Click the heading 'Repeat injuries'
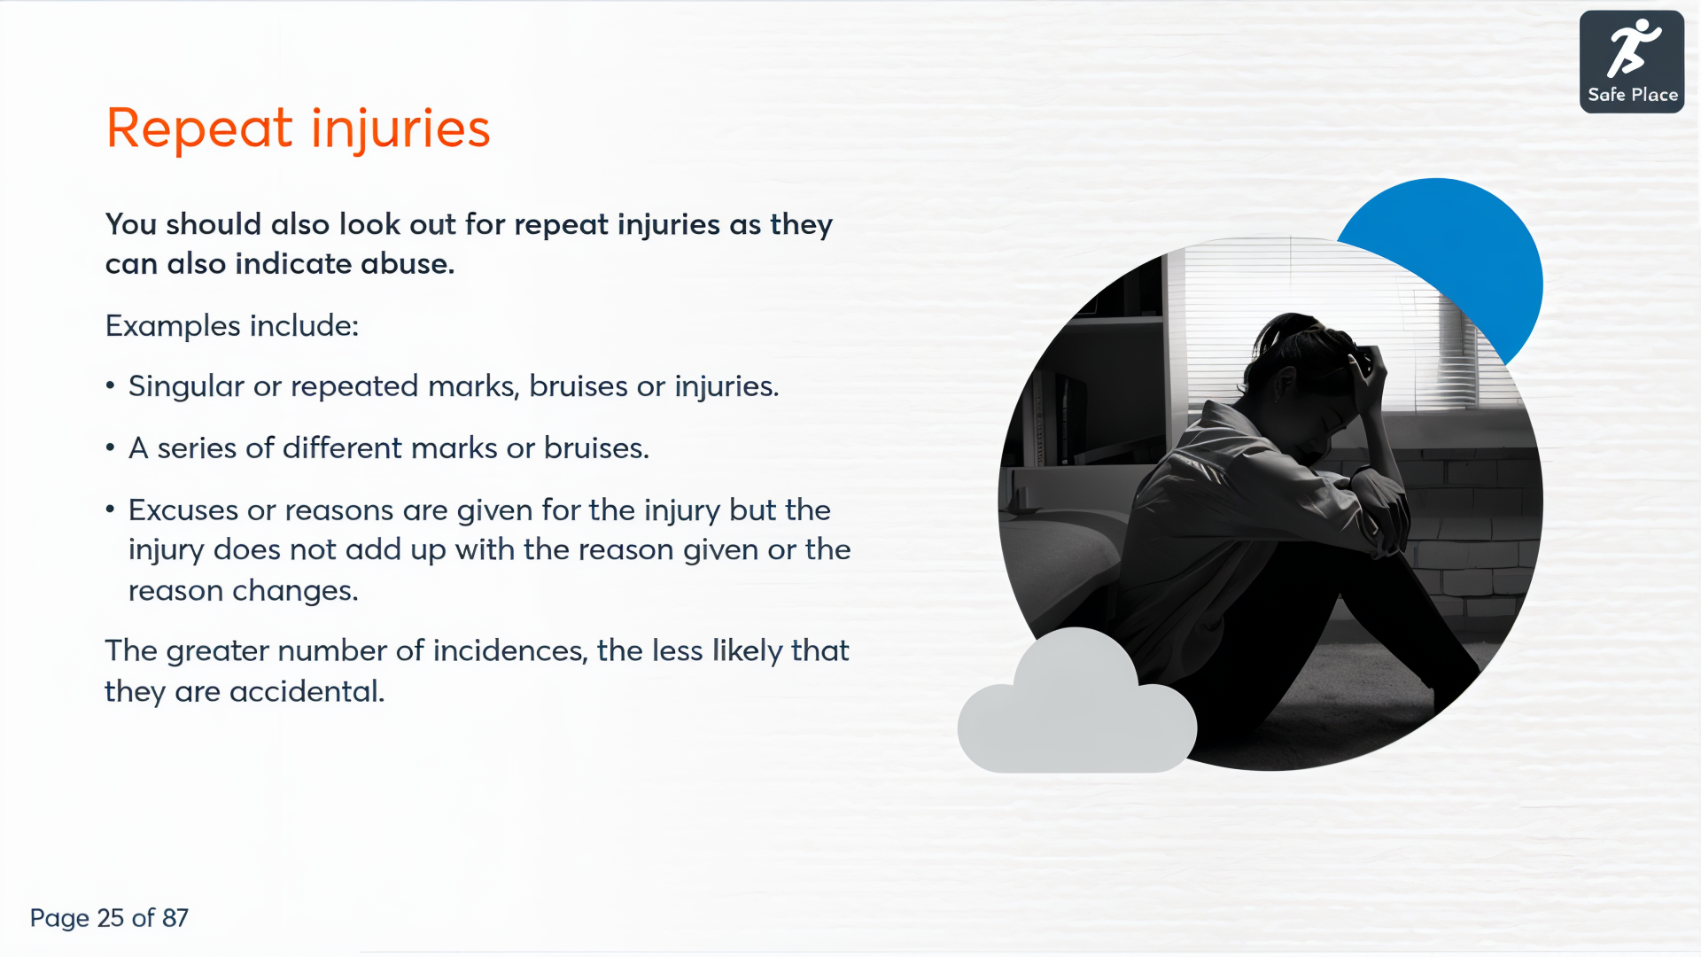[x=298, y=129]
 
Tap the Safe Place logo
[x=1631, y=62]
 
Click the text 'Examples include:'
[x=232, y=326]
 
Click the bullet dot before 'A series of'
[x=110, y=447]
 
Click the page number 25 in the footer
[x=111, y=918]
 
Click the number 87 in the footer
[x=175, y=918]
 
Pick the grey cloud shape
[x=1076, y=709]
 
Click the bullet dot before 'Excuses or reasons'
[x=110, y=510]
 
